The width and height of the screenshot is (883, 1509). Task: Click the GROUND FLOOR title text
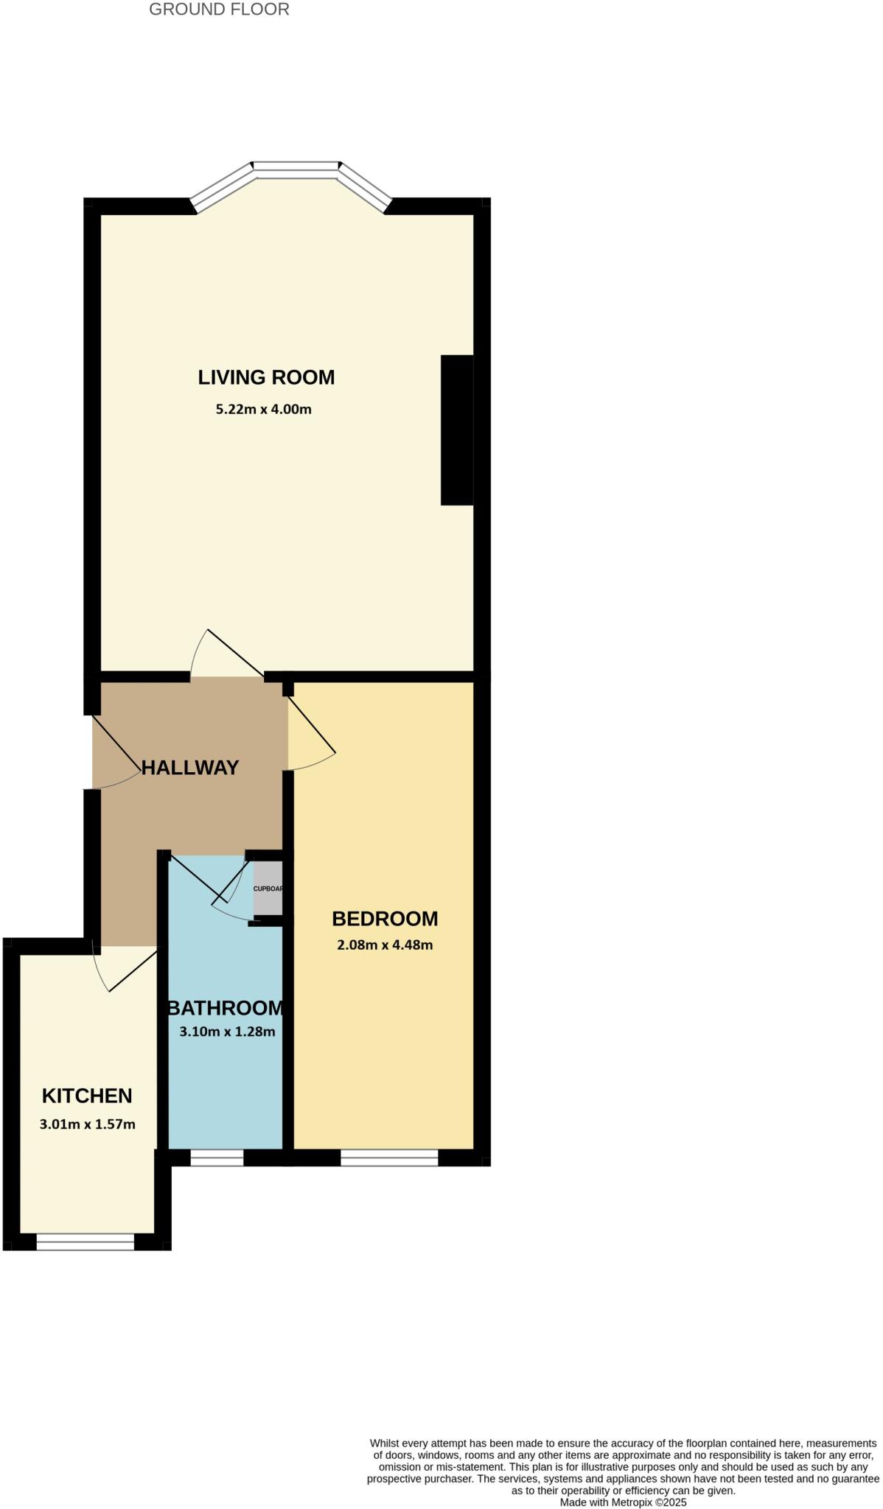coord(219,10)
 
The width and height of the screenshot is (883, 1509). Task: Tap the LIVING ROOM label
coord(266,377)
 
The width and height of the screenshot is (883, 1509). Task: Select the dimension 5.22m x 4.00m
coord(263,409)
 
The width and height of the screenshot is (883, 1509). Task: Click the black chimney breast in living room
coord(457,430)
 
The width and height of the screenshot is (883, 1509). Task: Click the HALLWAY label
coord(190,768)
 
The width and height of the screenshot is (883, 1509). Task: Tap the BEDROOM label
coord(385,919)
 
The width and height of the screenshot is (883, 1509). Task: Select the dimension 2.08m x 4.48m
coord(385,945)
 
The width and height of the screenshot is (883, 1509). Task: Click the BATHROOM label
coord(226,1008)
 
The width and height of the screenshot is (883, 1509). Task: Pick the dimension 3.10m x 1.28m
coord(227,1032)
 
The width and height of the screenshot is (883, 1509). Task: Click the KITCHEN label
coord(87,1096)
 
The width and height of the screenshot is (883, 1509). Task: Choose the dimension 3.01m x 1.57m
coord(87,1124)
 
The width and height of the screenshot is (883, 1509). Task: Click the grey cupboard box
coord(268,888)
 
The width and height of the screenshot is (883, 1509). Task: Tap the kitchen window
coord(85,1242)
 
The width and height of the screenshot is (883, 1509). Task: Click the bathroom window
coord(217,1158)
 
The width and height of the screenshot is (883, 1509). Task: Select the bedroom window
coord(389,1158)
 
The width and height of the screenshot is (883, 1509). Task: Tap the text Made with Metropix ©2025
coord(623,1502)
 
